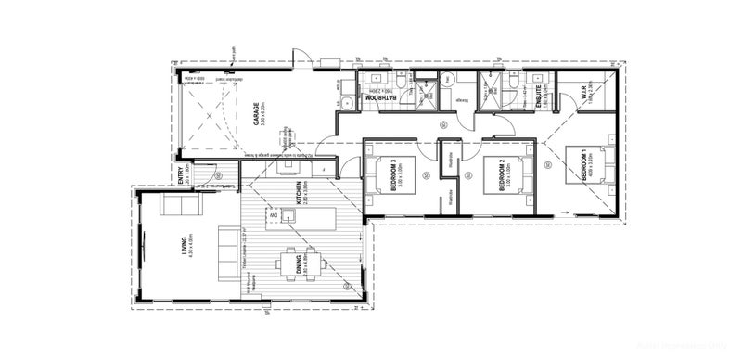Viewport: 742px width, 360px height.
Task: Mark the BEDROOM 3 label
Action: pyautogui.click(x=395, y=175)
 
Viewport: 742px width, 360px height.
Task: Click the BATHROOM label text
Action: pyautogui.click(x=379, y=96)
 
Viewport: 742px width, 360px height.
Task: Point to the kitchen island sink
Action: pyautogui.click(x=288, y=215)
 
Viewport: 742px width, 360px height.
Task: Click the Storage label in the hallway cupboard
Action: pyautogui.click(x=461, y=98)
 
